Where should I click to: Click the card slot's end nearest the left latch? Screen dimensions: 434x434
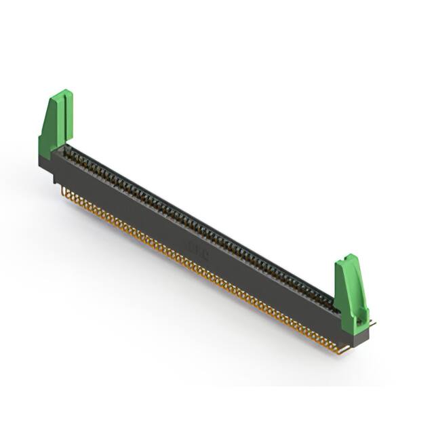click(x=67, y=151)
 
